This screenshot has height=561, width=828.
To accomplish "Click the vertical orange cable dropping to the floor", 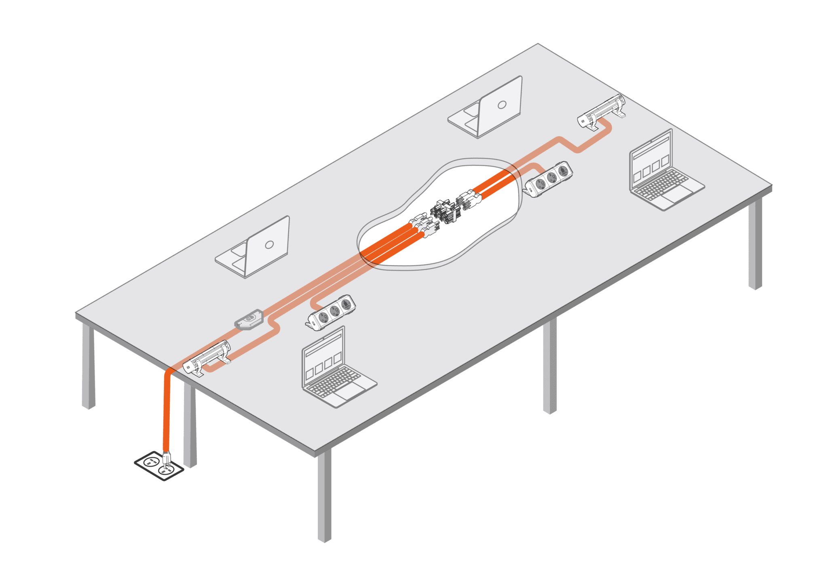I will (167, 412).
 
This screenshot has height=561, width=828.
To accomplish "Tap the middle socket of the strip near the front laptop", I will (334, 311).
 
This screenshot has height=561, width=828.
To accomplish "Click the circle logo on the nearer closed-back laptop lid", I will (269, 245).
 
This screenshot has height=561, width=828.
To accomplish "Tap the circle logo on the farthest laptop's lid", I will (502, 105).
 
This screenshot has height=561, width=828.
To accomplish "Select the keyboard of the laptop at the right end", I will (661, 184).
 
